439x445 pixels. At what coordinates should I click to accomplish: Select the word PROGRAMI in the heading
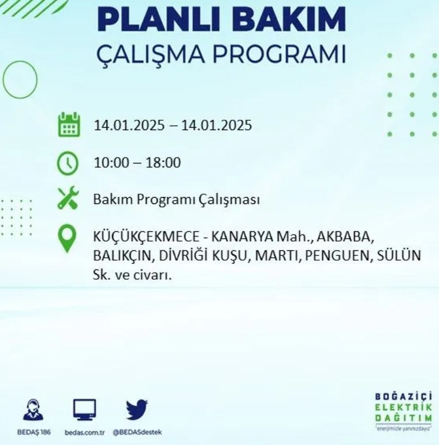[280, 54]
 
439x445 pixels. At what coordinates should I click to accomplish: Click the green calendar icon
[69, 125]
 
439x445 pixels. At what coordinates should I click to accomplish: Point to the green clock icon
[68, 163]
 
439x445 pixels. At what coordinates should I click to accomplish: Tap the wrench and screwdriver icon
[68, 198]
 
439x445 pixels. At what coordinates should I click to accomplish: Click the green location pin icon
[67, 238]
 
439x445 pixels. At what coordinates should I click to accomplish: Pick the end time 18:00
[163, 163]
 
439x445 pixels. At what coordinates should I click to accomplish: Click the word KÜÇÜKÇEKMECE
[146, 237]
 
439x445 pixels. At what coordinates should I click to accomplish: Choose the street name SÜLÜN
[399, 255]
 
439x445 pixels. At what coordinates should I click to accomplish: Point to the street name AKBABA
[345, 237]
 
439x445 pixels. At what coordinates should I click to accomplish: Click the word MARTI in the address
[277, 255]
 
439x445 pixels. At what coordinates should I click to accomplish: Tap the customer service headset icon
[33, 409]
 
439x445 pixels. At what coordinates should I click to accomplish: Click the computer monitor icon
[84, 410]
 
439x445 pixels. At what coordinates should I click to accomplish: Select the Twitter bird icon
[137, 410]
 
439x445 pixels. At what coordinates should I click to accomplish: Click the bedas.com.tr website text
[84, 432]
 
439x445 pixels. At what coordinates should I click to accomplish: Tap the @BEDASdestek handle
[137, 432]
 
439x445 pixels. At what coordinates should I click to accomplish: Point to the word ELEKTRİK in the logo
[404, 407]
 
